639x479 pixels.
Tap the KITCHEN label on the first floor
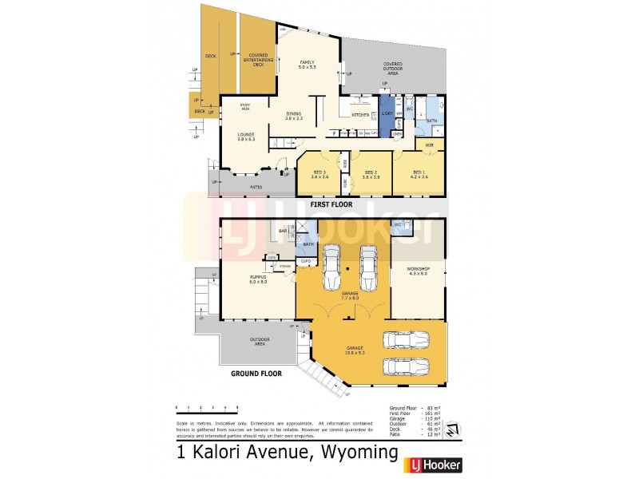[361, 115]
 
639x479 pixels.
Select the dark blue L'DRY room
[386, 115]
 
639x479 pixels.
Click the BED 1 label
[419, 172]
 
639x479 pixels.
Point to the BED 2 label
[370, 172]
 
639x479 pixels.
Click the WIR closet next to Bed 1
[429, 145]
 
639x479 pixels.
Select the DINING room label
[294, 115]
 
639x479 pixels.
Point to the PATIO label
[256, 187]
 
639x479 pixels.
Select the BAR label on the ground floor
[283, 231]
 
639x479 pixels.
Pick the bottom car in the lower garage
[406, 366]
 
